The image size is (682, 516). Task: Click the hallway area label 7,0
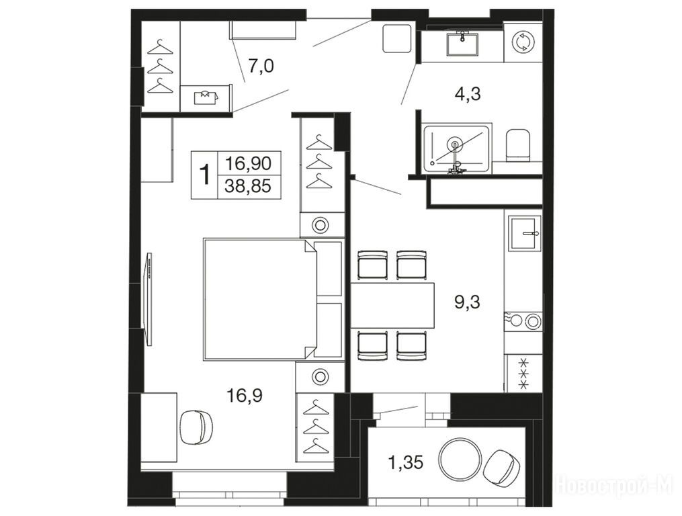[261, 67]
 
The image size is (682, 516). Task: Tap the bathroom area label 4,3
[468, 93]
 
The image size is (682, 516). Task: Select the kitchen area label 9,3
[468, 301]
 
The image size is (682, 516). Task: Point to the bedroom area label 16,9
[244, 396]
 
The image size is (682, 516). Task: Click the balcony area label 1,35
[405, 462]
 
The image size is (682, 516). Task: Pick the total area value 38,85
[248, 187]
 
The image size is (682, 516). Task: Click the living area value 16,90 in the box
[249, 163]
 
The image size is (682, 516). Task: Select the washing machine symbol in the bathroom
[521, 42]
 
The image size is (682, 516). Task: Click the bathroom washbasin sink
[462, 44]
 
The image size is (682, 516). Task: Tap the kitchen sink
[525, 234]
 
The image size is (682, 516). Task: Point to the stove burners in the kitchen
[523, 322]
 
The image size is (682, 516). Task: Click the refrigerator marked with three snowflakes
[523, 373]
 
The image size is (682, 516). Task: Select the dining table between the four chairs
[393, 305]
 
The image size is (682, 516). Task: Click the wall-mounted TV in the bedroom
[148, 299]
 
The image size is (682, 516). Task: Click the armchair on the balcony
[503, 467]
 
